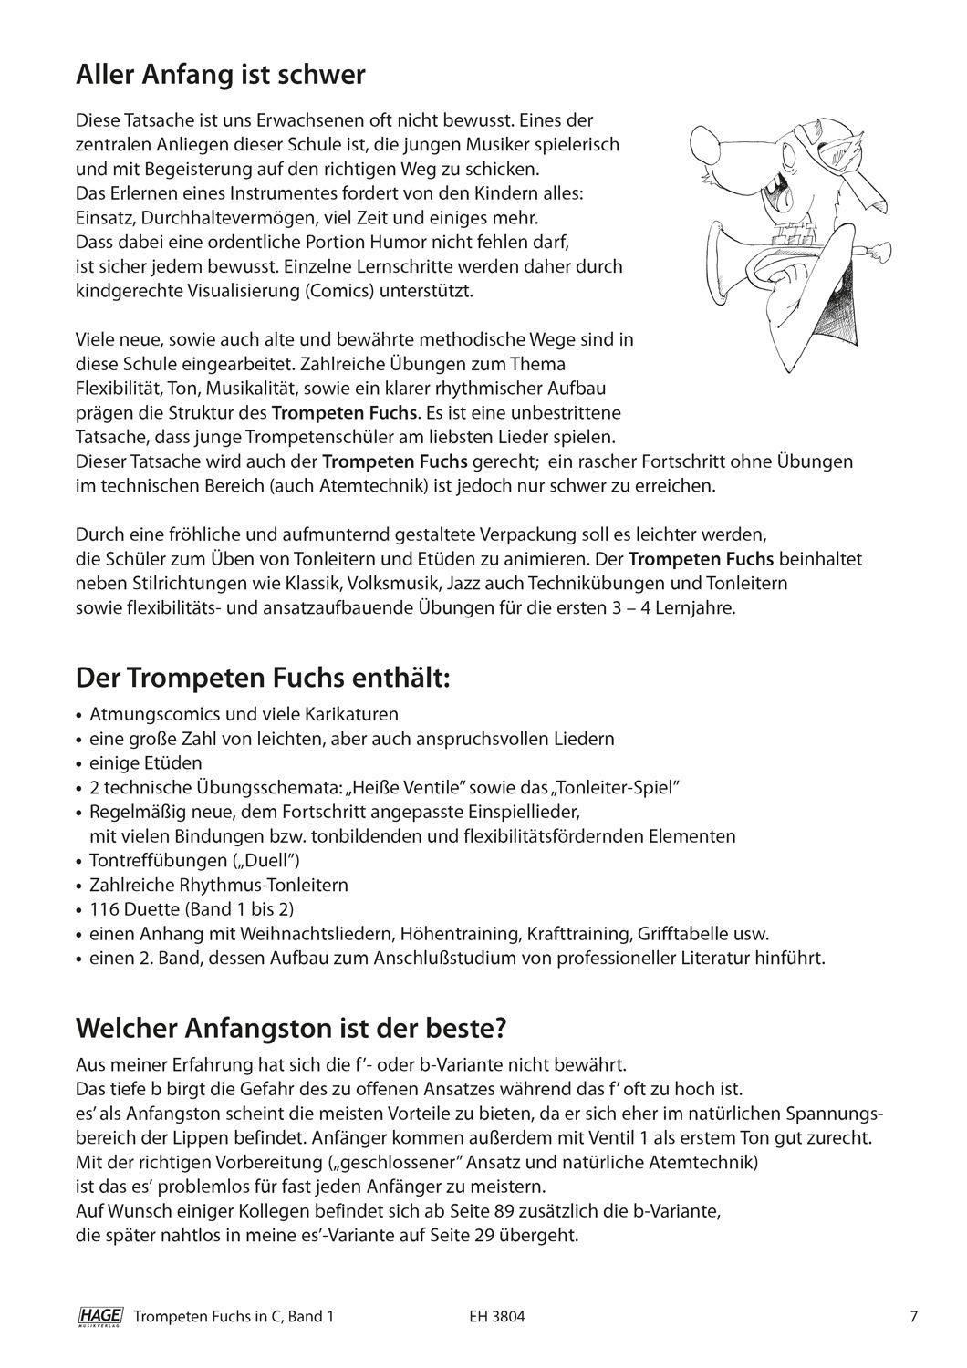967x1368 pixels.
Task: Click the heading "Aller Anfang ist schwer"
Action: point(220,75)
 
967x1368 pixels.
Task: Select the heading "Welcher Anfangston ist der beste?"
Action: point(290,1027)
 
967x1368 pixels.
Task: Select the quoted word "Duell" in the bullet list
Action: point(271,860)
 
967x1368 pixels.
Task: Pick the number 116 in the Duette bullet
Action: point(104,909)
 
